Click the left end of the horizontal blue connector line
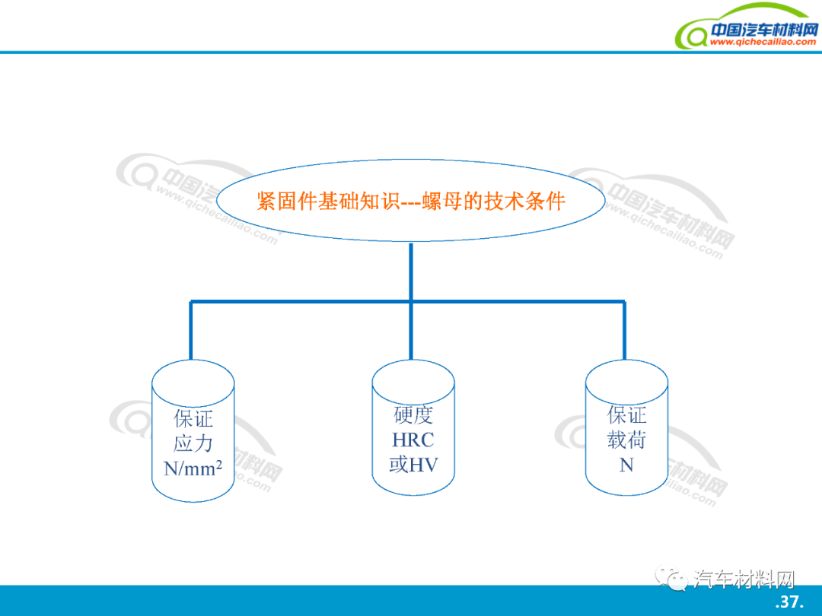pyautogui.click(x=190, y=302)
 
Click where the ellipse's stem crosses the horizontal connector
pyautogui.click(x=411, y=302)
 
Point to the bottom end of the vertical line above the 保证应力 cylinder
pyautogui.click(x=191, y=359)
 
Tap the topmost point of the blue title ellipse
pyautogui.click(x=411, y=159)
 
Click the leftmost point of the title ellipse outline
pyautogui.click(x=216, y=201)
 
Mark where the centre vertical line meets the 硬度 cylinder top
pyautogui.click(x=411, y=359)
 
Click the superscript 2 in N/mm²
pyautogui.click(x=218, y=464)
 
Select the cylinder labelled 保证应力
pyautogui.click(x=193, y=430)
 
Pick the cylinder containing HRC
pyautogui.click(x=413, y=427)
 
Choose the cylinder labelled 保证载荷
pyautogui.click(x=626, y=427)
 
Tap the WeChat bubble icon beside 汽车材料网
pyautogui.click(x=671, y=578)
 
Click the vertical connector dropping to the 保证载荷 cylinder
pyautogui.click(x=624, y=330)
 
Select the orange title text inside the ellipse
pyautogui.click(x=411, y=201)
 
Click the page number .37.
pyautogui.click(x=789, y=602)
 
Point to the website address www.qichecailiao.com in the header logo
pyautogui.click(x=763, y=42)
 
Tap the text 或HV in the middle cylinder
pyautogui.click(x=413, y=465)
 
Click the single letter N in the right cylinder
pyautogui.click(x=626, y=465)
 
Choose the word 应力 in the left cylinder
pyautogui.click(x=193, y=443)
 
